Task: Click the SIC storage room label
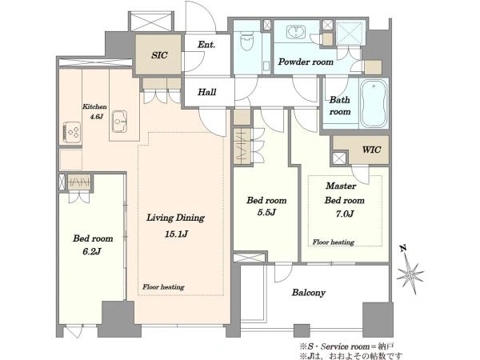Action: pos(159,55)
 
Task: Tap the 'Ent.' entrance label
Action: pos(206,45)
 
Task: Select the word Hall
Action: pos(207,92)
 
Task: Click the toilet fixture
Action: pos(246,41)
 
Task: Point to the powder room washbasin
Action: pos(296,32)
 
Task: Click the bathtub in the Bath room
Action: pos(374,103)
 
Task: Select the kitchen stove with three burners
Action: pos(72,132)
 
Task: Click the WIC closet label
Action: pos(372,150)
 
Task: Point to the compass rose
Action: pos(410,274)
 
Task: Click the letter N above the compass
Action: pos(403,248)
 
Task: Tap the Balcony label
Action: pos(308,293)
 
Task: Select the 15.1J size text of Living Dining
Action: pos(176,234)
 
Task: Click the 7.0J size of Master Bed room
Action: pos(345,214)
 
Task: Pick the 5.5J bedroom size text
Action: pos(266,212)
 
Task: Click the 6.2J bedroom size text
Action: pos(92,251)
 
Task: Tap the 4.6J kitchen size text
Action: pos(97,117)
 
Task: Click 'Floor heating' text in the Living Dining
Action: pos(163,287)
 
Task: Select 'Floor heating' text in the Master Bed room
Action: pos(334,242)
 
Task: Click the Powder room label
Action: pos(306,62)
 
